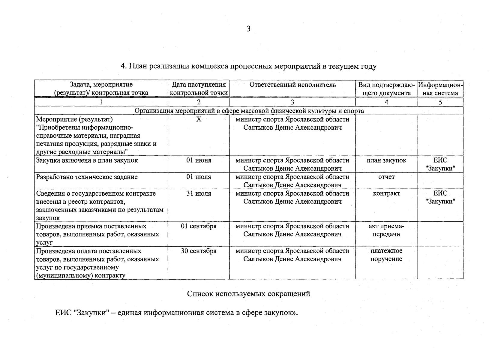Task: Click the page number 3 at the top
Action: click(248, 29)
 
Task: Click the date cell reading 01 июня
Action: click(199, 160)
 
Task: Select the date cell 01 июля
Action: click(199, 177)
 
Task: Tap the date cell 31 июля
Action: click(199, 193)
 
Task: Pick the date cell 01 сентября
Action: click(199, 226)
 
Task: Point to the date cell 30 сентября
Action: click(199, 251)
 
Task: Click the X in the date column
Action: click(199, 119)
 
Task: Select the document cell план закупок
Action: click(386, 160)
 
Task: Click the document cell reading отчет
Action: click(386, 177)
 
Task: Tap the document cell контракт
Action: click(386, 193)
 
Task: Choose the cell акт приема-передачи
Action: click(386, 230)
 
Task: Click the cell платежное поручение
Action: click(386, 255)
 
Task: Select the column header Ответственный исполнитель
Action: click(292, 85)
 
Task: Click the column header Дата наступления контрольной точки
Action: click(199, 89)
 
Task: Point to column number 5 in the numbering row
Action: click(440, 102)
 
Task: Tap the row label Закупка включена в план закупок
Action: click(87, 160)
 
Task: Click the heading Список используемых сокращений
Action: click(248, 294)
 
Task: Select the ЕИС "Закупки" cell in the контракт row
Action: click(440, 197)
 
